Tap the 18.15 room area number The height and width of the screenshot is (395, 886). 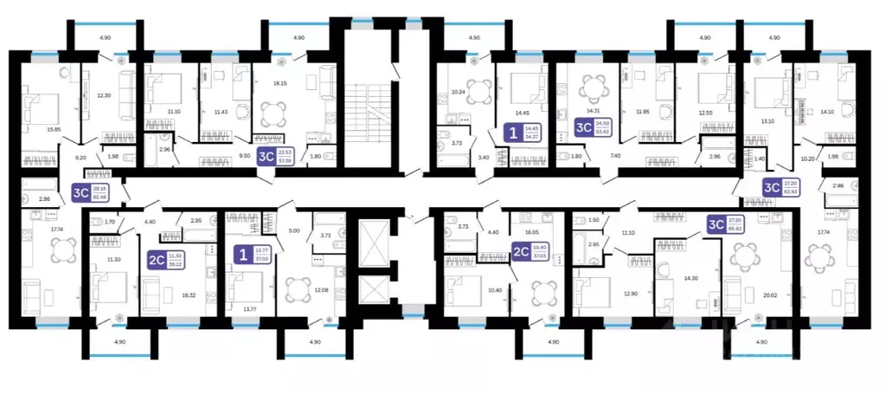click(280, 83)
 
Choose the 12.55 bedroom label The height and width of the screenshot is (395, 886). click(709, 111)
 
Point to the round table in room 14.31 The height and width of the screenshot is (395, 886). click(593, 87)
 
